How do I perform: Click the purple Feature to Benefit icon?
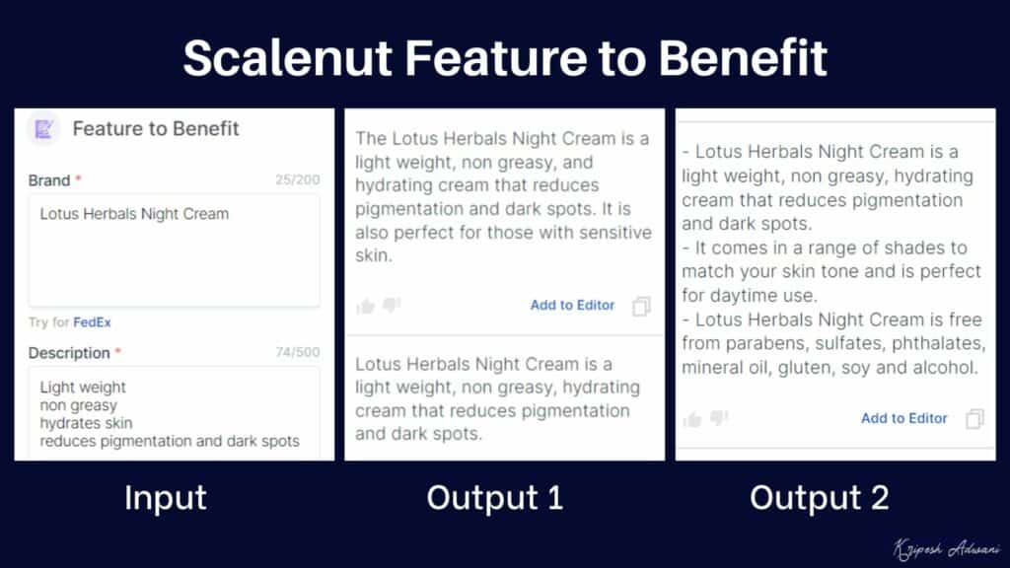[x=43, y=129]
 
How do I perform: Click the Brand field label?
[x=49, y=180]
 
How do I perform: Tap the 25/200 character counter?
[x=297, y=180]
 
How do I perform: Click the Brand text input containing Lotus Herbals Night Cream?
[x=174, y=249]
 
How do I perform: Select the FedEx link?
[x=92, y=322]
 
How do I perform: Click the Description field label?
[x=69, y=353]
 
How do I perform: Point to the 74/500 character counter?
[x=297, y=353]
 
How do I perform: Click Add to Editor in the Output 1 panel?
[x=572, y=306]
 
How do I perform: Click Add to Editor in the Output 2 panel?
[x=903, y=418]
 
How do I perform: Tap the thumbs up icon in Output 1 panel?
[x=366, y=307]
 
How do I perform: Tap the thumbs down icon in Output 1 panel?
[x=392, y=306]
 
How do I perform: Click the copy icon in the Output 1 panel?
[x=642, y=307]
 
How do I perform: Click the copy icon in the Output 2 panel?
[x=974, y=419]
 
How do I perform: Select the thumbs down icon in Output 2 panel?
[x=719, y=418]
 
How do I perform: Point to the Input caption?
[x=165, y=498]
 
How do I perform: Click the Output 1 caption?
[x=494, y=498]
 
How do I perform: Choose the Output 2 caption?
[x=819, y=498]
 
